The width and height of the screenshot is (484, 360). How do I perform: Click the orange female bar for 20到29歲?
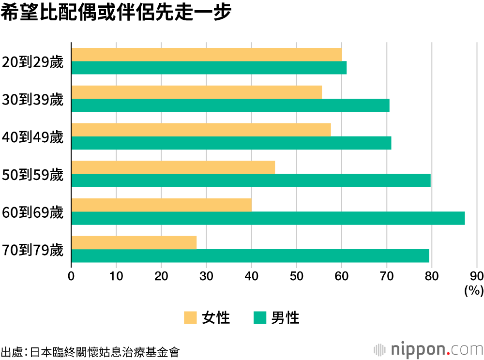pyautogui.click(x=207, y=55)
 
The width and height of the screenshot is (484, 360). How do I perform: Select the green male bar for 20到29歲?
pyautogui.click(x=209, y=68)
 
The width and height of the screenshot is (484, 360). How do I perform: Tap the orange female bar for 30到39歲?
pyautogui.click(x=197, y=92)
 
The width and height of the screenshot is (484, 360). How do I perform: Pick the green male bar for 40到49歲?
pyautogui.click(x=231, y=143)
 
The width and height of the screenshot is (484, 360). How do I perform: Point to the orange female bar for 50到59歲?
pyautogui.click(x=173, y=167)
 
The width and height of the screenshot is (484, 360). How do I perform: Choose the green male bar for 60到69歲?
pyautogui.click(x=268, y=218)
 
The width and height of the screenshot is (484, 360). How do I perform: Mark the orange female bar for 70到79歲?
pyautogui.click(x=134, y=242)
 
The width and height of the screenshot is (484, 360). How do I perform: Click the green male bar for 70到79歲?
pyautogui.click(x=250, y=255)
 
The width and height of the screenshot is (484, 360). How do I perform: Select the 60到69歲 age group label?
pyautogui.click(x=33, y=212)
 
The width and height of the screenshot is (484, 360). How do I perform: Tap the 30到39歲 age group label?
pyautogui.click(x=33, y=99)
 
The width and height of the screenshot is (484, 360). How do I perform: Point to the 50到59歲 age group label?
pyautogui.click(x=33, y=174)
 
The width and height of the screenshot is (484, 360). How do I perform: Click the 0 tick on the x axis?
pyautogui.click(x=72, y=276)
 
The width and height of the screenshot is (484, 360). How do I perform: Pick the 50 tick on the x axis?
pyautogui.click(x=297, y=276)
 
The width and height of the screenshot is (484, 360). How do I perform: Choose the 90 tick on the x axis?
pyautogui.click(x=477, y=276)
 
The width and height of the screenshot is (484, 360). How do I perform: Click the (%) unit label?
pyautogui.click(x=474, y=290)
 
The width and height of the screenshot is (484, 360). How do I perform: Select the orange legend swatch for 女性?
pyautogui.click(x=191, y=318)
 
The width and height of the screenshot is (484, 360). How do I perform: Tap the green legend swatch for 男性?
pyautogui.click(x=259, y=318)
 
